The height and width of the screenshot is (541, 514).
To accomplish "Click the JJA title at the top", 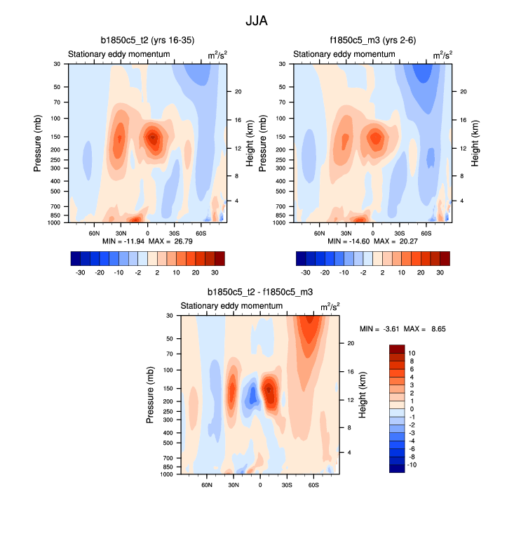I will pos(257,21).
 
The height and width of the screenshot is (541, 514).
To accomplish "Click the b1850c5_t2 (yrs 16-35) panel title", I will pos(147,40).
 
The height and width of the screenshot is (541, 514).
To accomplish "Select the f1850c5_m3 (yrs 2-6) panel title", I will pos(372,40).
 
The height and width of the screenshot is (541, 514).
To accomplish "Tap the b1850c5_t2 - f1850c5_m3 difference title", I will pos(259,292).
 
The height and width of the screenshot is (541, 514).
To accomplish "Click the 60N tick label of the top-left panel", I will pos(94,232).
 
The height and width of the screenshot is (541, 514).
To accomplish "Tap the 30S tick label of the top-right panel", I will pos(399,232).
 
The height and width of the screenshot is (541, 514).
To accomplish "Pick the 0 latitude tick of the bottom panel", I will pos(260,484).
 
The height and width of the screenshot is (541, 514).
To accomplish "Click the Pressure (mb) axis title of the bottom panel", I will pos(151,395).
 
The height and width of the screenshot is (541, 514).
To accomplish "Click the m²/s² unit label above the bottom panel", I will pos(330,307).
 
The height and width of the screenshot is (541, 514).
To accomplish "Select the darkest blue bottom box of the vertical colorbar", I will pos(397,468).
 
